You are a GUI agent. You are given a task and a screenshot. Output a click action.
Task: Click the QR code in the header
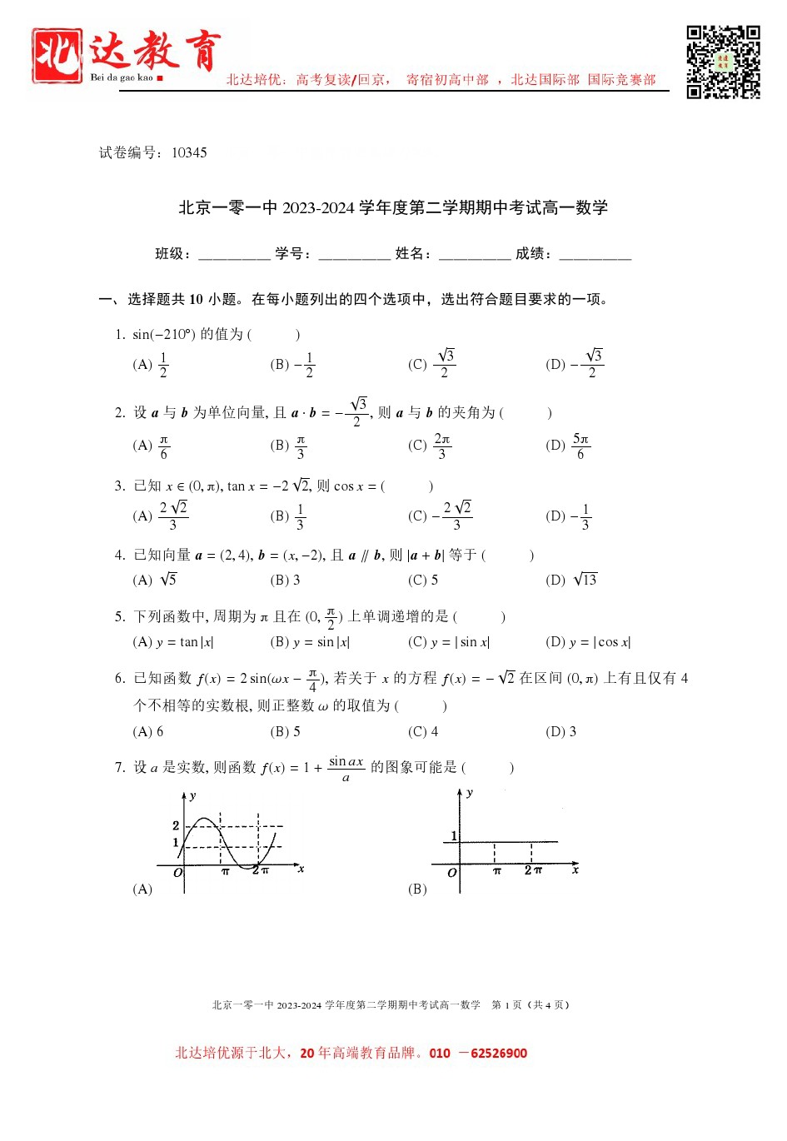click(x=723, y=62)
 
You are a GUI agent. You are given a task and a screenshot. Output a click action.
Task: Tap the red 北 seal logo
click(x=57, y=56)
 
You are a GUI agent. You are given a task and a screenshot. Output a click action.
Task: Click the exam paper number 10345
click(x=189, y=152)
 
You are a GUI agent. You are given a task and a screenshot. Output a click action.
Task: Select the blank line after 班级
click(x=234, y=255)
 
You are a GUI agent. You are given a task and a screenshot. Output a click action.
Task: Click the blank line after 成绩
click(x=595, y=255)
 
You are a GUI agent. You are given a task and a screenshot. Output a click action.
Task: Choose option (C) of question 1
click(x=431, y=364)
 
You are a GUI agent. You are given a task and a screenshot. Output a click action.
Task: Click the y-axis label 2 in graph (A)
click(x=176, y=825)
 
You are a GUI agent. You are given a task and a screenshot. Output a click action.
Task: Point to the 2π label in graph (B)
click(x=533, y=870)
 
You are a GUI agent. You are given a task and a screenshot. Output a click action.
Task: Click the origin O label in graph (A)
click(x=177, y=873)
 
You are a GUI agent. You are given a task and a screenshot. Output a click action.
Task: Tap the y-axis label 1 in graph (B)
click(x=454, y=835)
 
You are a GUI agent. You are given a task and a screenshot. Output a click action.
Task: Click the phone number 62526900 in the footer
click(x=498, y=1054)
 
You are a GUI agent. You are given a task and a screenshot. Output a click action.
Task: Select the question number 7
click(x=120, y=767)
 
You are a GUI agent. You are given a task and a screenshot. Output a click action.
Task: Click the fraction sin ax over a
click(x=346, y=769)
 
